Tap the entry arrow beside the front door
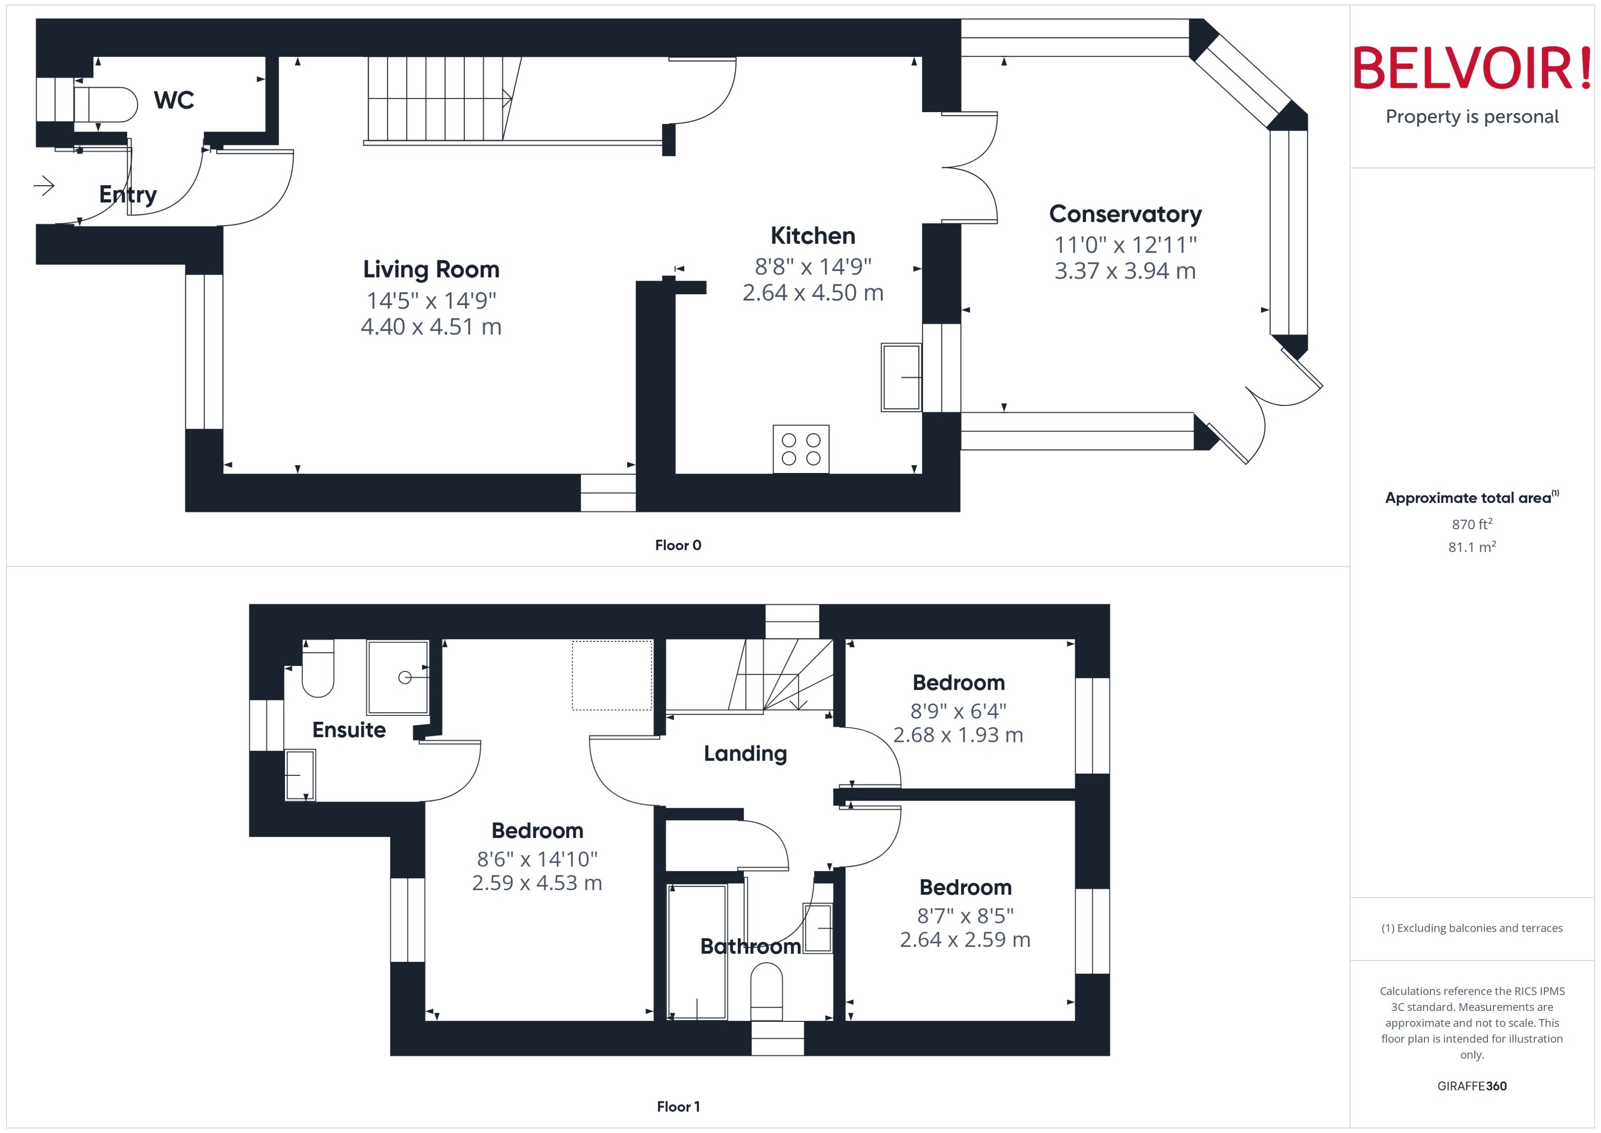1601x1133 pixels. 44,186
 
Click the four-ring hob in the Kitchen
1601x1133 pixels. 801,449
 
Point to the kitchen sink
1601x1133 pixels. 901,377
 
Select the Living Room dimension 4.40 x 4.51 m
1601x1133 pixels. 431,327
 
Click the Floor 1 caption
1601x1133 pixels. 677,1106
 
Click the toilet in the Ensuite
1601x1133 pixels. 318,670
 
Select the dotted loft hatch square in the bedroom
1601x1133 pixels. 612,675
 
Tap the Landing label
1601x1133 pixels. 745,753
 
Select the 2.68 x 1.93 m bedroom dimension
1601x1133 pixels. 958,735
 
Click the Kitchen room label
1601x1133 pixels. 813,236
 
